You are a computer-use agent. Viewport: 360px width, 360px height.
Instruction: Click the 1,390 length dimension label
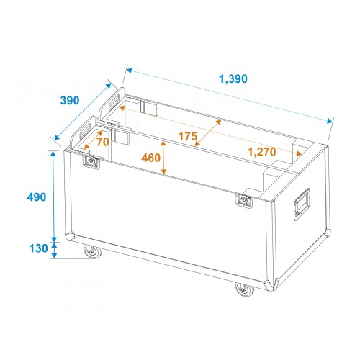coord(233,78)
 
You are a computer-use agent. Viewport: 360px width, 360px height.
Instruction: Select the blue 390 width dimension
coord(70,100)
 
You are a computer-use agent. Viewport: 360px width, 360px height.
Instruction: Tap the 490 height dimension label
coord(37,197)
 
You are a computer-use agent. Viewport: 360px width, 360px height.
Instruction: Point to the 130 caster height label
coord(38,248)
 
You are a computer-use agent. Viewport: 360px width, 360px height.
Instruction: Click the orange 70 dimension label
coord(103,142)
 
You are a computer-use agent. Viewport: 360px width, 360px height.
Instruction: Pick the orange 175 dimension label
coord(188,136)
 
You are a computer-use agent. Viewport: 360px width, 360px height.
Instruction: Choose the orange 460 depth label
coord(151,158)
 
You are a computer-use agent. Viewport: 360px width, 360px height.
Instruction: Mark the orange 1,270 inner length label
coord(261,152)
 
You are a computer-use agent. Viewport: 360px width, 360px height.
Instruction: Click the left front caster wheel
coord(92,251)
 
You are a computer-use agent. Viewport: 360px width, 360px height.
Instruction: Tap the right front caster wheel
coord(244,289)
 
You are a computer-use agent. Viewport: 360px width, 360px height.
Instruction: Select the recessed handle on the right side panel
coord(302,204)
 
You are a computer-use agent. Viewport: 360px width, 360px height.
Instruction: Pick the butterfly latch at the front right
coord(244,200)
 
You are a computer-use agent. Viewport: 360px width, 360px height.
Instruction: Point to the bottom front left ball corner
coord(71,236)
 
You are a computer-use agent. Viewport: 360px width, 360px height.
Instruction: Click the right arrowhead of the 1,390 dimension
coord(330,121)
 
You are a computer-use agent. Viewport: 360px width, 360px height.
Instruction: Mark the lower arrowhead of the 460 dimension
coord(163,171)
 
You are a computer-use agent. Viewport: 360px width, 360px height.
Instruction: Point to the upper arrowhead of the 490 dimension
coord(53,154)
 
